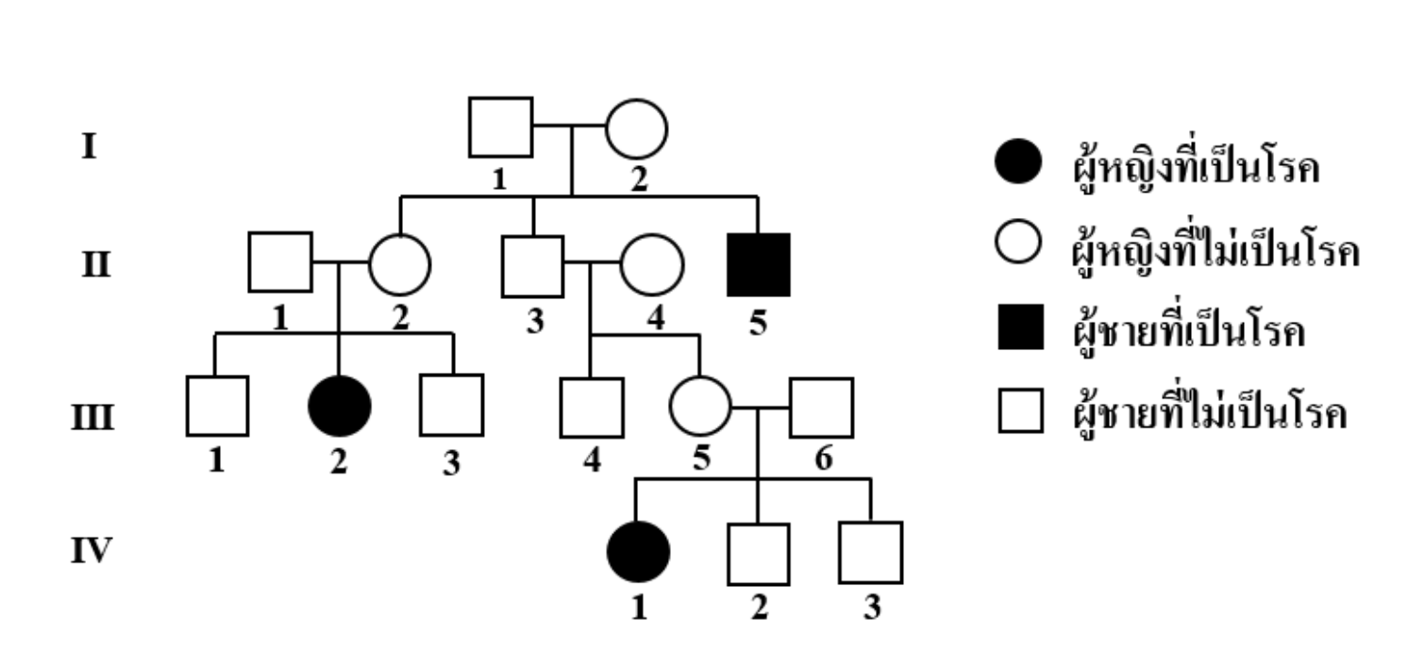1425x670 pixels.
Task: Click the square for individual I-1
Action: point(500,127)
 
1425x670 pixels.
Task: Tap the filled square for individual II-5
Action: point(759,263)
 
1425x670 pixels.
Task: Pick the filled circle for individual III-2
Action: point(340,406)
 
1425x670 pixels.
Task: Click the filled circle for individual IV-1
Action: point(638,551)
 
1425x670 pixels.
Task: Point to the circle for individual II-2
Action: point(399,263)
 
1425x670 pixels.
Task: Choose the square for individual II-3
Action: point(532,265)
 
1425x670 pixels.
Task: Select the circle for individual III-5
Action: point(700,407)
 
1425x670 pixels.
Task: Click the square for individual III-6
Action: point(821,408)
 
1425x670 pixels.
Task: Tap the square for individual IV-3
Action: point(870,552)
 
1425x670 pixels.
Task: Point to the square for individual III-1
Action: point(217,407)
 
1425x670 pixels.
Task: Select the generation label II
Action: point(92,263)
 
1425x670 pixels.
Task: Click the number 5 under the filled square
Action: point(759,324)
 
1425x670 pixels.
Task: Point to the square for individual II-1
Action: point(279,262)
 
